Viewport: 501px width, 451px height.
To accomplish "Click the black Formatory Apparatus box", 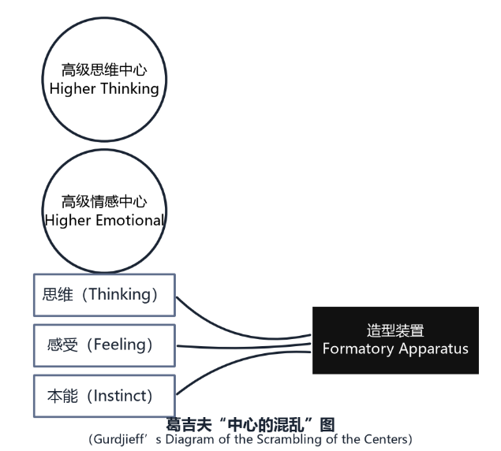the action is (x=395, y=340).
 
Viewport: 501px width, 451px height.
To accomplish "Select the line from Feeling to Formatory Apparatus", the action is (x=244, y=347).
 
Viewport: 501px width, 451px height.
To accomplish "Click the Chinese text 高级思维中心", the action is (x=104, y=70).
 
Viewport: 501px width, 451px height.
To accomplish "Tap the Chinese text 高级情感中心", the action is (x=104, y=202).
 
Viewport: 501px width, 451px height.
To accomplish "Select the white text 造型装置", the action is (x=395, y=330).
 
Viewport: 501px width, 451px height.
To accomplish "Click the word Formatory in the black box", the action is (x=358, y=348).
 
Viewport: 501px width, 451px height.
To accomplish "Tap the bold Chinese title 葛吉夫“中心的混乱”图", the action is (x=251, y=425).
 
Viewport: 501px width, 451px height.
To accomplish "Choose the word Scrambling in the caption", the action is (x=290, y=439).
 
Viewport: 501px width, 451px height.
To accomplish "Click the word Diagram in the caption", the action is (x=190, y=439).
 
